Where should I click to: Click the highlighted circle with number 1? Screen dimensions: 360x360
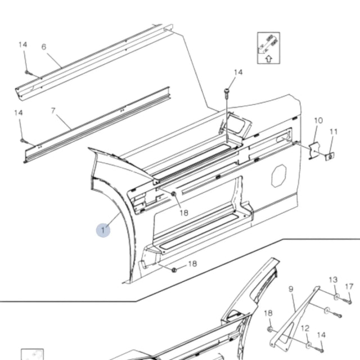pos(103,229)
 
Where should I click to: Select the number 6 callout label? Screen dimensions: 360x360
pos(44,47)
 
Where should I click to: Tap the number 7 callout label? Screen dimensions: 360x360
pos(53,111)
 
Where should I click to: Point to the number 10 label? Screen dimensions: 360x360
pos(318,120)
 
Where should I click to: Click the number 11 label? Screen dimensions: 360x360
pos(334,132)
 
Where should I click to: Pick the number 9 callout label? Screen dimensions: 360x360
pos(291,289)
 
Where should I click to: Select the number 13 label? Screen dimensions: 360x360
pos(333,280)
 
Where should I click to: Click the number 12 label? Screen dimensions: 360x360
pos(305,328)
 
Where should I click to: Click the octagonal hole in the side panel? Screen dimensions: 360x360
pos(280,176)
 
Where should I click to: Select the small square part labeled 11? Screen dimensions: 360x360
pos(329,156)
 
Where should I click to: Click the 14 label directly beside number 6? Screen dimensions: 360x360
pos(22,44)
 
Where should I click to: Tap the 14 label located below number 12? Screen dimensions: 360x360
pos(321,335)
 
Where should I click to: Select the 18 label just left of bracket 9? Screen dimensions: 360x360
pos(268,313)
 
